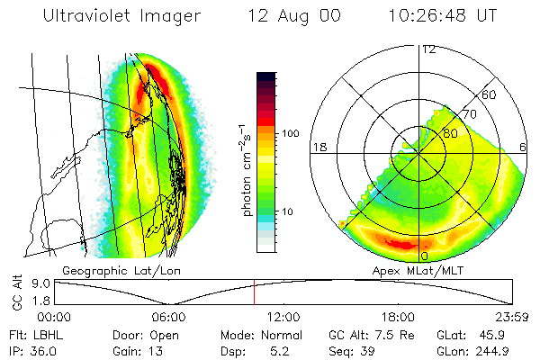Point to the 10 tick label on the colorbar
pos(289,211)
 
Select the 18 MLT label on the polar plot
pos(319,146)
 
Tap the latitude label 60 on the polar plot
pos(490,94)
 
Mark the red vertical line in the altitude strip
pos(254,292)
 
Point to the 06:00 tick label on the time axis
pos(168,317)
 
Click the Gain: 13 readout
pos(132,348)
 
